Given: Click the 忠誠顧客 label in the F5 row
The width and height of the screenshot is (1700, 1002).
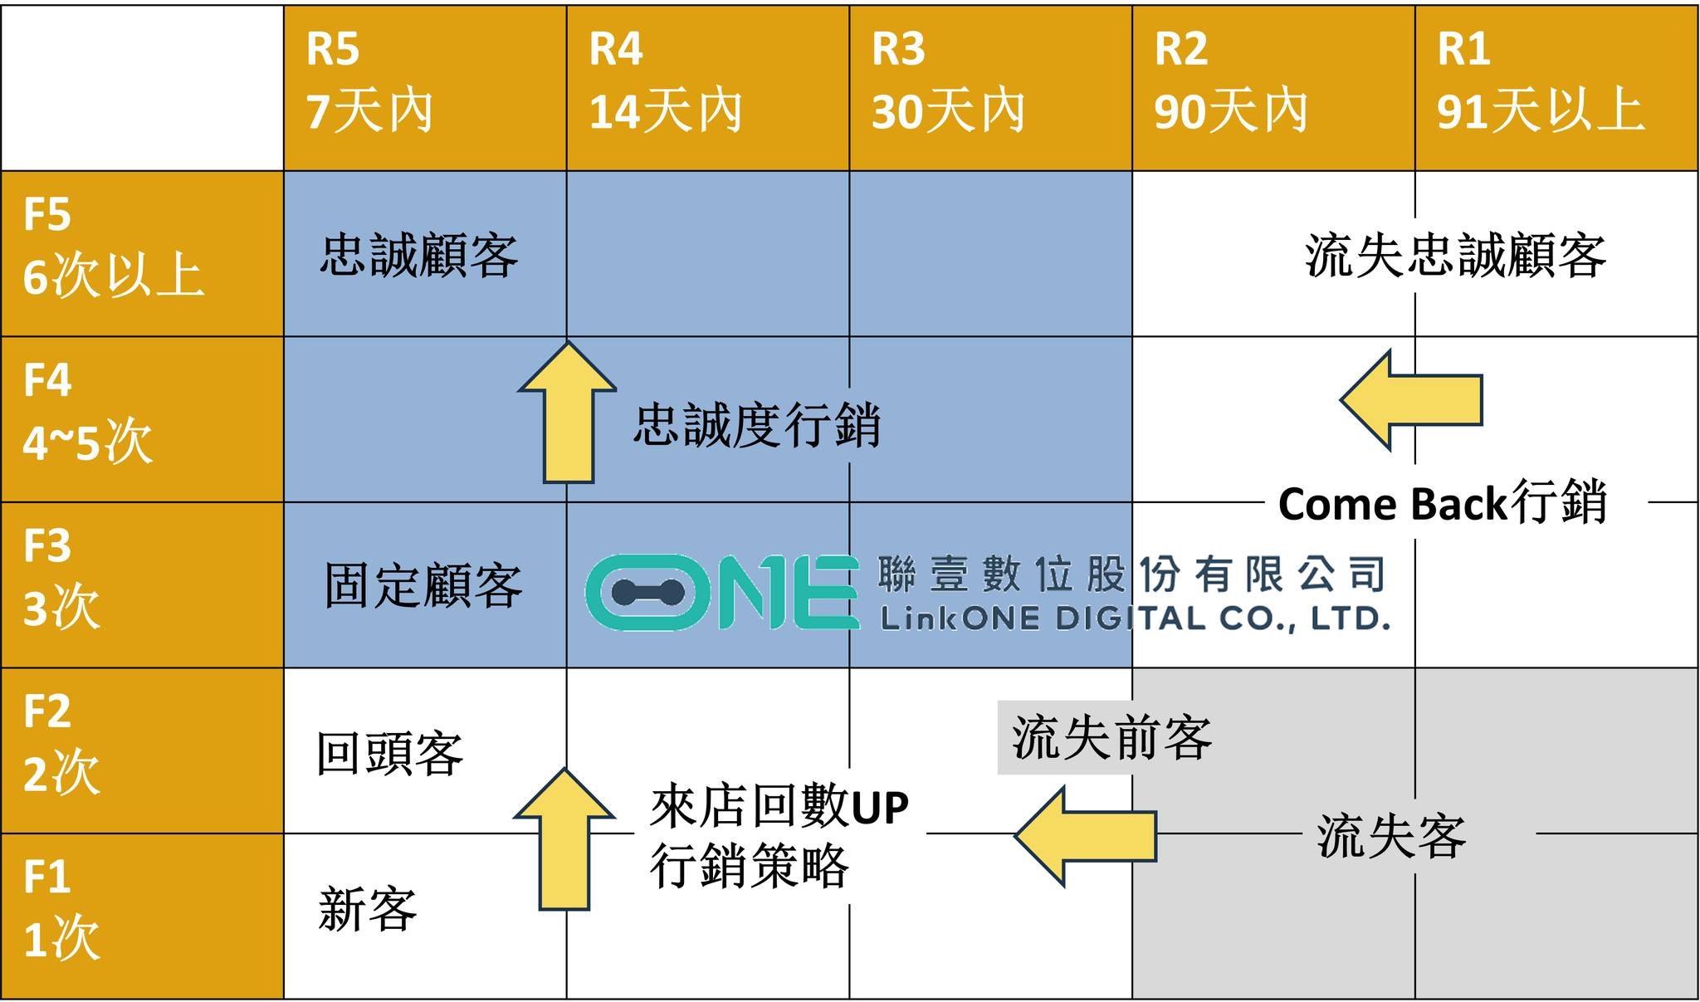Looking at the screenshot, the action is tap(420, 255).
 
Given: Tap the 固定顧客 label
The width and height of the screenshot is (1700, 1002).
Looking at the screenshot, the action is tap(423, 585).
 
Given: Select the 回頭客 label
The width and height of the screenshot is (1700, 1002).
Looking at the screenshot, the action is tap(390, 754).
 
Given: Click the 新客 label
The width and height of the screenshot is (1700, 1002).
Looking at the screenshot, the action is tap(368, 909).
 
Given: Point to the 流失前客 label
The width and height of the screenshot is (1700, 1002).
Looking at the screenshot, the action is tap(1111, 737).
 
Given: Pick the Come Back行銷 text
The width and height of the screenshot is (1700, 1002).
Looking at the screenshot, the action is tap(1443, 502).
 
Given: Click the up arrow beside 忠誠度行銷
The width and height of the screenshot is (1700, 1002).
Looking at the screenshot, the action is tap(568, 412).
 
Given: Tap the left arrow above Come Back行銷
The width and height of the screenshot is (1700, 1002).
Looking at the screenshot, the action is tap(1411, 400).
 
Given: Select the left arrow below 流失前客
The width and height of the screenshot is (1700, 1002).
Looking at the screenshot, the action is tap(1086, 837).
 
